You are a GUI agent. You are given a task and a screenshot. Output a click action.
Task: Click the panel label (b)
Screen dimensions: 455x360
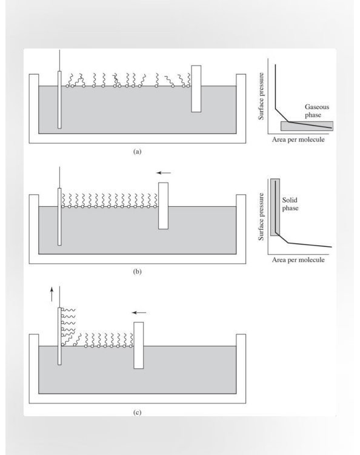coord(137,272)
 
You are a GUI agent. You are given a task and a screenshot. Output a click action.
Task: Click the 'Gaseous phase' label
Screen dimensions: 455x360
coord(318,109)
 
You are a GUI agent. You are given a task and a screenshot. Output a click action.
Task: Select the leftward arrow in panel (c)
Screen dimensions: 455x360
coord(139,312)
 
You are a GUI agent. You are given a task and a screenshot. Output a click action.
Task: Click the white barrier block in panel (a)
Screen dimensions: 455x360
coord(196,89)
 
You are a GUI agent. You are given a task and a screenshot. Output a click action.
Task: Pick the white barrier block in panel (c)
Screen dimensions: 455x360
coord(138,345)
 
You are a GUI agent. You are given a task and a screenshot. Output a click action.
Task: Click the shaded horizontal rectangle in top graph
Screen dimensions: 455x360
coord(307,126)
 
